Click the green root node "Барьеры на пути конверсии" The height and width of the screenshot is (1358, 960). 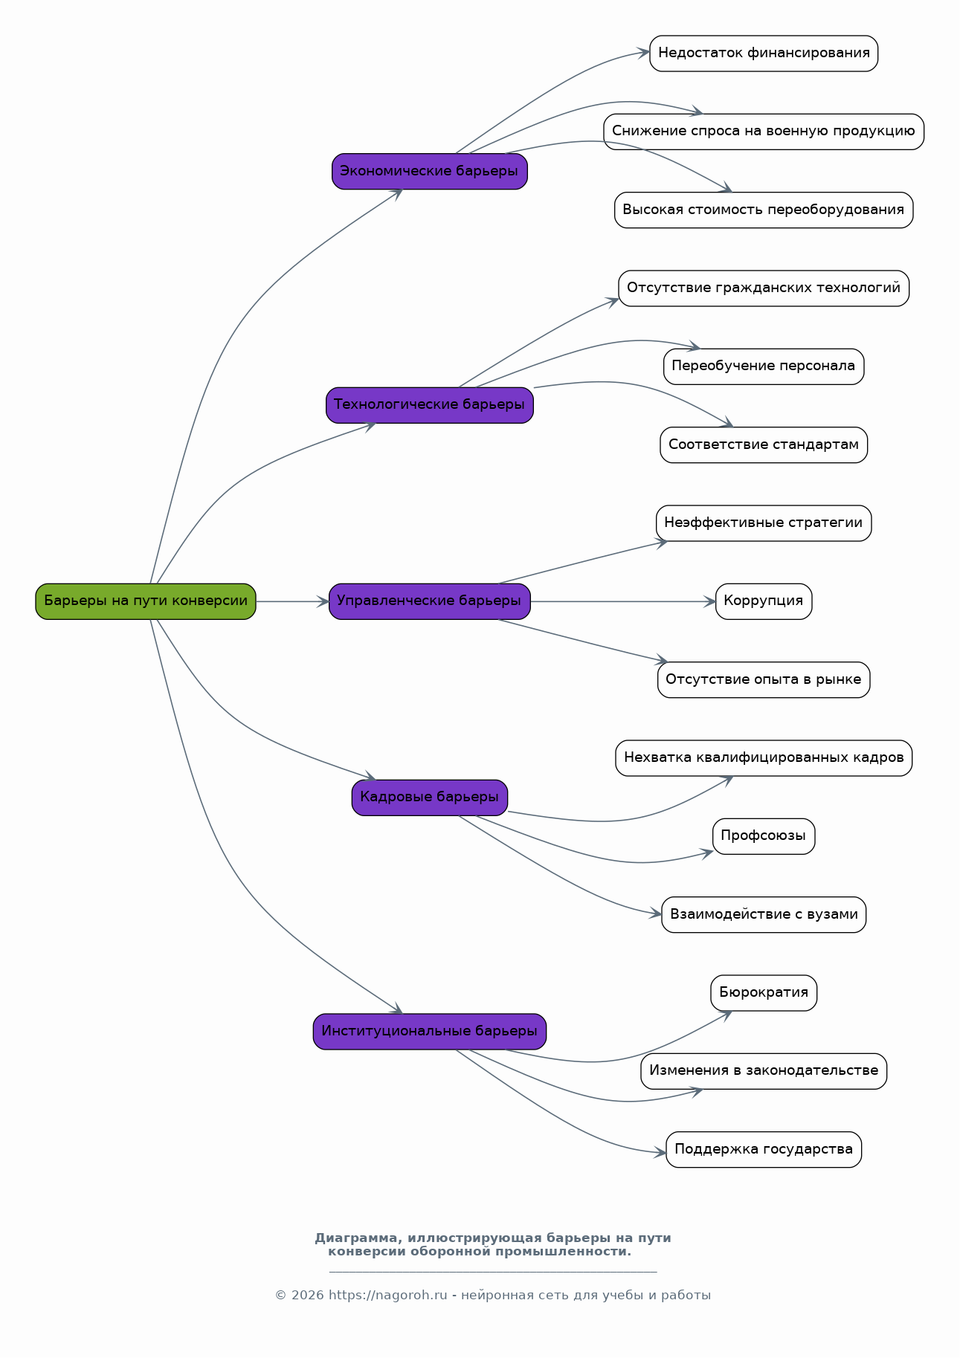146,601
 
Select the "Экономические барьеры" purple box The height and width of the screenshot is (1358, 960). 430,172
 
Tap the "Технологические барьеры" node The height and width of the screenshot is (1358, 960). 430,405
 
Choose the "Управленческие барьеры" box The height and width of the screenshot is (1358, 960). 430,601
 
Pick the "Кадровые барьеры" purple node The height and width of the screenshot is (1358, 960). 430,798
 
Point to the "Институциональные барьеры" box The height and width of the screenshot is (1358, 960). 430,1032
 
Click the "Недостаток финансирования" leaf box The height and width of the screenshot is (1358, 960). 764,54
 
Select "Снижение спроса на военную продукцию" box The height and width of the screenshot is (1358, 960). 764,132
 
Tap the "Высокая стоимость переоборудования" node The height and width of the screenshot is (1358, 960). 764,210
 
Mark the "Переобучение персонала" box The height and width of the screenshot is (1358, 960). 764,366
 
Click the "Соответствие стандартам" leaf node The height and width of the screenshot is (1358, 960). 764,444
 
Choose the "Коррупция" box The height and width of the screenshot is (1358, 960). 764,601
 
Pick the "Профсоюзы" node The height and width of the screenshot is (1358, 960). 764,836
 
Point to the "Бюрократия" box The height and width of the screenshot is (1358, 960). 764,993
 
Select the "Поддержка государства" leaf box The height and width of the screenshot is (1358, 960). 764,1150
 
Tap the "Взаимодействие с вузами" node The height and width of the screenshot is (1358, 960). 764,915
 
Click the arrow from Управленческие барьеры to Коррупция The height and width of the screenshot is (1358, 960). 623,601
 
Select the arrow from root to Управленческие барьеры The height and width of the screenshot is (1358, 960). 292,601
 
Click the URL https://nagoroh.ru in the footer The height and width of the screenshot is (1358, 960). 388,1296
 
